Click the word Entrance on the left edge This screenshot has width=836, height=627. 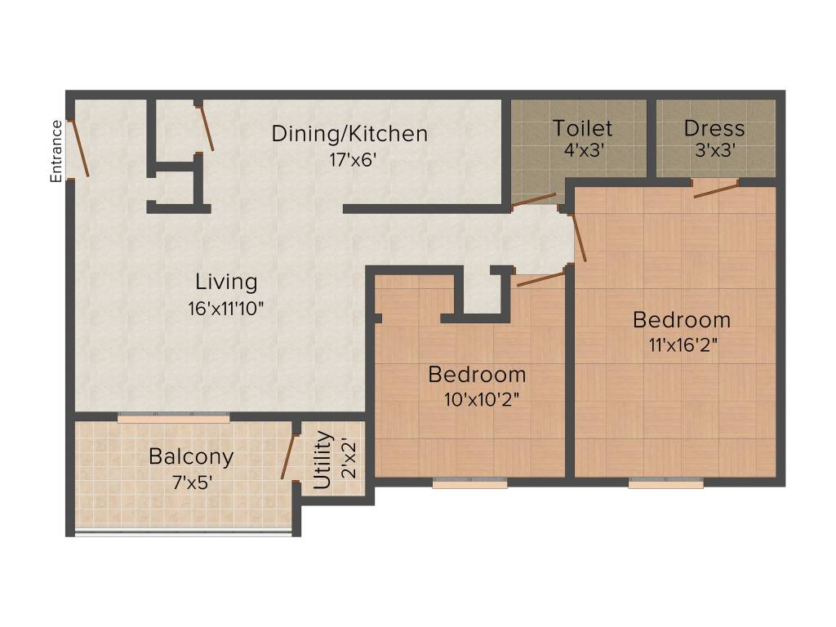[x=56, y=151]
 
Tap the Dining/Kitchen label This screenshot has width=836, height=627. [x=349, y=133]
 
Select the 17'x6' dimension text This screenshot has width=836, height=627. [x=349, y=159]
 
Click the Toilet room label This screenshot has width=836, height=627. [x=581, y=128]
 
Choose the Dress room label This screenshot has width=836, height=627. [x=714, y=128]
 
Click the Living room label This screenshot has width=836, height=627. [x=226, y=282]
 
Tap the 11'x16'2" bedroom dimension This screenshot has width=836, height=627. [x=682, y=345]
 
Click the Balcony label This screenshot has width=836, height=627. [x=191, y=456]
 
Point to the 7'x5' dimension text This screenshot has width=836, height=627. [x=191, y=482]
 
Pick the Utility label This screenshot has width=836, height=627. [x=323, y=460]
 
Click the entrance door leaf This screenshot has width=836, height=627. [x=78, y=148]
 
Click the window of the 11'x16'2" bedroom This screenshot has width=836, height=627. [x=665, y=483]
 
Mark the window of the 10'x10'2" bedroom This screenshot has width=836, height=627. [x=469, y=483]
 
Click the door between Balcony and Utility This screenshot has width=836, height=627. [x=287, y=456]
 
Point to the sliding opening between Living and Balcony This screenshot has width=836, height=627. [x=173, y=417]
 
